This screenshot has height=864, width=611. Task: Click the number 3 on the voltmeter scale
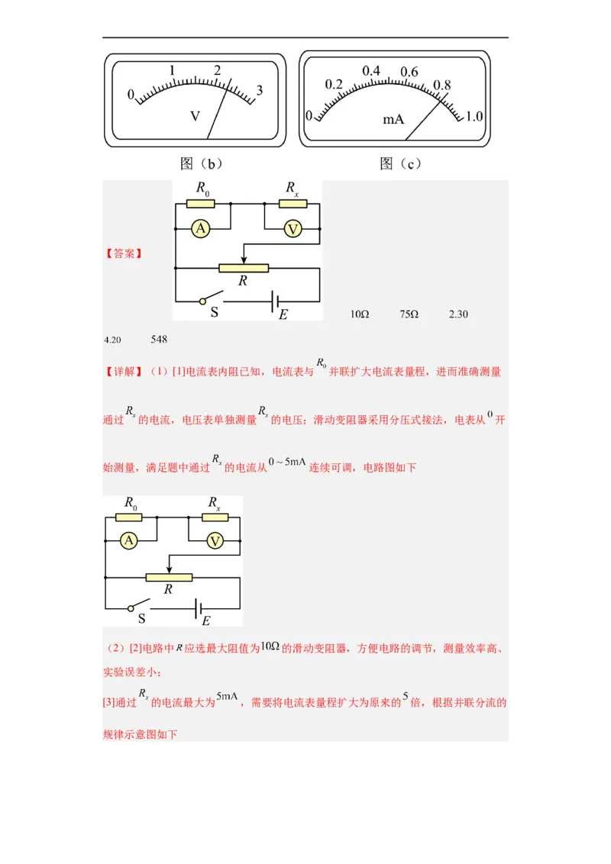[x=260, y=90]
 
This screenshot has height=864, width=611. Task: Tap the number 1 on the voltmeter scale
[x=173, y=71]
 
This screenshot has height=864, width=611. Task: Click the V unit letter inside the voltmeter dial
[x=195, y=116]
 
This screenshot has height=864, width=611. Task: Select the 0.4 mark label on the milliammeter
[x=371, y=71]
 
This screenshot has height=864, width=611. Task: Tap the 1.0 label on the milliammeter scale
[x=474, y=116]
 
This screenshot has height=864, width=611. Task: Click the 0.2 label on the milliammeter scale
[x=334, y=84]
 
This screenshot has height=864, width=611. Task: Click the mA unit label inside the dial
[x=393, y=120]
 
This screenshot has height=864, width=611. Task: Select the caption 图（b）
[x=201, y=163]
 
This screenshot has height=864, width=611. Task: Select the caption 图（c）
[x=400, y=163]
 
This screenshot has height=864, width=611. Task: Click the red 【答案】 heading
[x=122, y=253]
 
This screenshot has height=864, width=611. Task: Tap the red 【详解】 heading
[x=122, y=372]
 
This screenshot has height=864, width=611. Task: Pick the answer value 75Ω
[x=409, y=314]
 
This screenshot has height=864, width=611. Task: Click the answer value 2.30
[x=458, y=314]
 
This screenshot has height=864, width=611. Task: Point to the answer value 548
[x=159, y=339]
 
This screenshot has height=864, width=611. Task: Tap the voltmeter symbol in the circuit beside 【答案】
[x=293, y=229]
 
